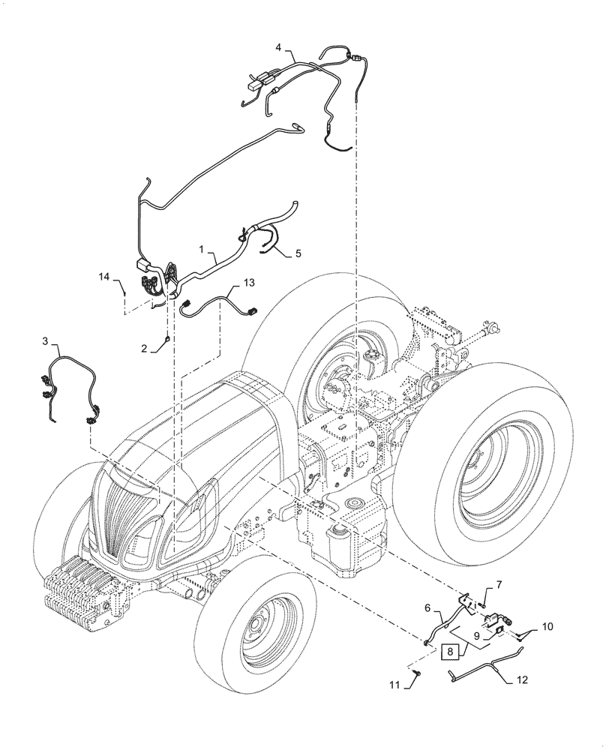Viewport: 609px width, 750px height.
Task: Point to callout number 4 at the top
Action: tap(279, 47)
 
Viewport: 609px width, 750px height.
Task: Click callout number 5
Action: tap(298, 253)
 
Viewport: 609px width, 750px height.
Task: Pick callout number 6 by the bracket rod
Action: tap(428, 608)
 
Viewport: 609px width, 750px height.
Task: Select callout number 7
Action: tap(499, 584)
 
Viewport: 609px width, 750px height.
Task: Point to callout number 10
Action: tap(547, 624)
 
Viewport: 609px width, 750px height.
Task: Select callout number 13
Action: tap(248, 283)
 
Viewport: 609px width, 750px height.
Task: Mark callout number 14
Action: tap(103, 277)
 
